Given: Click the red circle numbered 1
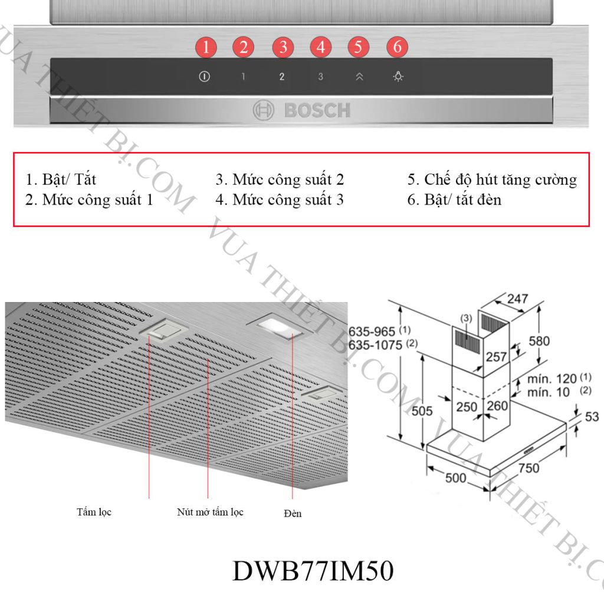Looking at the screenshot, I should [x=205, y=47].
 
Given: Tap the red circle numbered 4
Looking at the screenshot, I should [x=320, y=47].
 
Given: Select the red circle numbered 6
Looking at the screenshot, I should [x=398, y=47].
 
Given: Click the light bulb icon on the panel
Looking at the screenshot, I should [x=399, y=77].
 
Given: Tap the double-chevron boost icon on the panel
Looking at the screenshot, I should [x=359, y=77].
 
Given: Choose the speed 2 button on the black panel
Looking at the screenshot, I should [x=282, y=77].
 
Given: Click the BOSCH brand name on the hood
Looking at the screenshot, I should [x=317, y=110].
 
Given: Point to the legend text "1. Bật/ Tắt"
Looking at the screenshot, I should [x=61, y=179].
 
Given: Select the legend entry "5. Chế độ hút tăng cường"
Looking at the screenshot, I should [x=492, y=179].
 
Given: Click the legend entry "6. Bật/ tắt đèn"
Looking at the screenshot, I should [x=454, y=200].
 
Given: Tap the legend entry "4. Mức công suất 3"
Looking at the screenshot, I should [x=280, y=200].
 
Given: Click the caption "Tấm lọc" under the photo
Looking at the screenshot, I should [x=94, y=512].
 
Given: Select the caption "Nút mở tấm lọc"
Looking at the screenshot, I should [x=210, y=512].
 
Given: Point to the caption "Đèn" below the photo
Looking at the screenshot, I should [x=292, y=513].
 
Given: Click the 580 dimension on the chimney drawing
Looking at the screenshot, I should [x=539, y=340].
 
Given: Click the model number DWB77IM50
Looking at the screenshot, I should [x=313, y=571].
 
